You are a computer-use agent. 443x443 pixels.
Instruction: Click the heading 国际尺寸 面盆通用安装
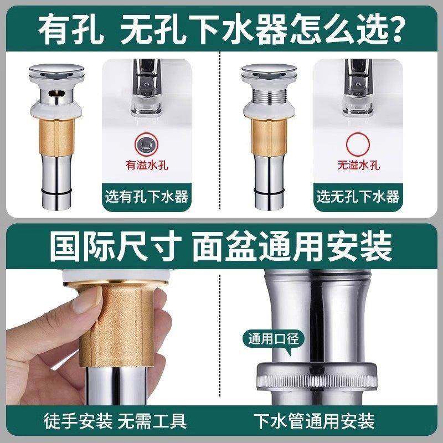coord(221,248)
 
